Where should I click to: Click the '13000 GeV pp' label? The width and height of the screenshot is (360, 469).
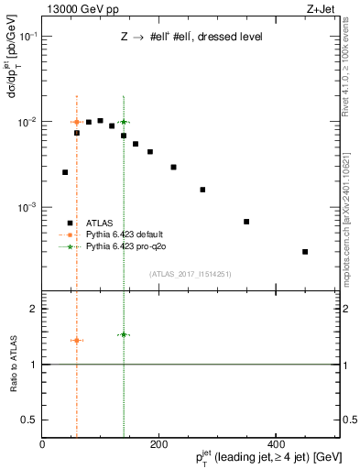pyautogui.click(x=75, y=9)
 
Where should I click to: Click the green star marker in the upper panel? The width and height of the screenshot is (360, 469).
pyautogui.click(x=124, y=122)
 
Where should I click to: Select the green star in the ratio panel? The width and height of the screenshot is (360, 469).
pyautogui.click(x=124, y=334)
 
